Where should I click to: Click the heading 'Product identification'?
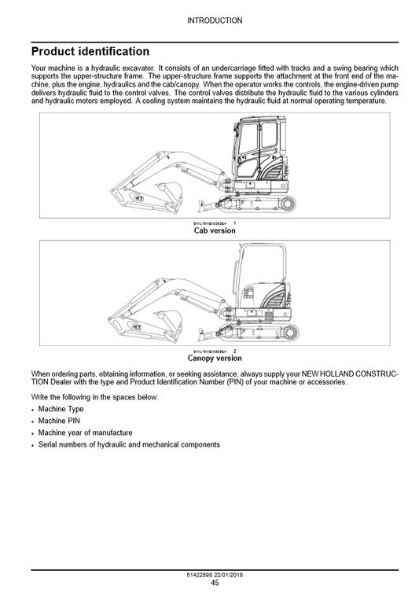pos(90,52)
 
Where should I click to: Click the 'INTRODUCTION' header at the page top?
pos(215,20)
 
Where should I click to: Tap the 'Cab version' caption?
pos(215,230)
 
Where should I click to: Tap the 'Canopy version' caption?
pos(215,358)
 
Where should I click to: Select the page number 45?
pos(215,583)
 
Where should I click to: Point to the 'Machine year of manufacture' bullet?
pos(85,433)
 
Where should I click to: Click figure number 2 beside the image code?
pos(234,351)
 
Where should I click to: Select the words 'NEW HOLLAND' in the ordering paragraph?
pos(346,374)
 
